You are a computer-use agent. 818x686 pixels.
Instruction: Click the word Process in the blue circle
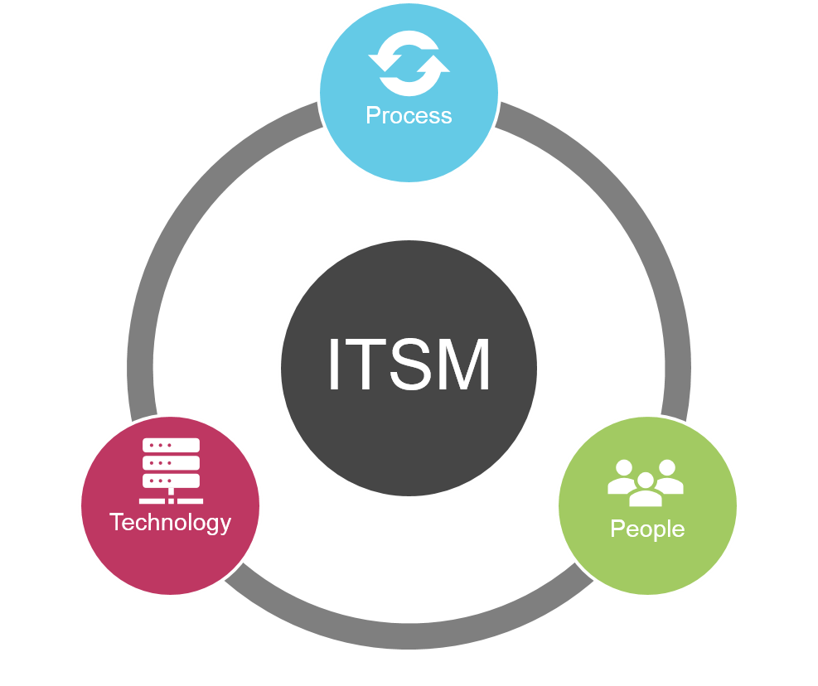click(409, 115)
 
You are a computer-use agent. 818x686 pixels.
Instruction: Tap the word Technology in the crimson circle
click(170, 523)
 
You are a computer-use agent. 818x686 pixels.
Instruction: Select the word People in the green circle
click(647, 529)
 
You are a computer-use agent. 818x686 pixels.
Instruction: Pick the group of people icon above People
click(646, 482)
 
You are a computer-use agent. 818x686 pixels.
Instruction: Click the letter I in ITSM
click(334, 366)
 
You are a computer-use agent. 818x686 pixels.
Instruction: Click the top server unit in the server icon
click(171, 446)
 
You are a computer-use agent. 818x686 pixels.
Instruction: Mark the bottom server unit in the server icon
click(171, 481)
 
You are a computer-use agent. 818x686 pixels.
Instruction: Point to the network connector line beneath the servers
click(171, 500)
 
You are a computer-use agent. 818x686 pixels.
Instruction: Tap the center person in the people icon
click(646, 490)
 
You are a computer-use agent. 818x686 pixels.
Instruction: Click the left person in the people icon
click(623, 476)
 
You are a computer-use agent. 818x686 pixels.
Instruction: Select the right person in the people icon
click(667, 476)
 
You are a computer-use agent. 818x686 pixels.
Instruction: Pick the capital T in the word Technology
click(115, 523)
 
